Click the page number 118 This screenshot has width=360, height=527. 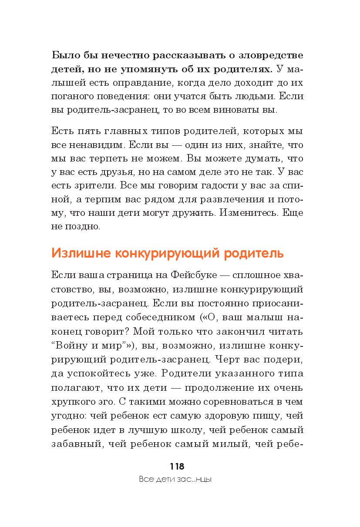tap(177, 467)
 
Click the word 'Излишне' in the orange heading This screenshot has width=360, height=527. tap(78, 253)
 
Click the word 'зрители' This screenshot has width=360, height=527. tap(94, 186)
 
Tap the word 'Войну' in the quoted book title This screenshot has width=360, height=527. tap(76, 345)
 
